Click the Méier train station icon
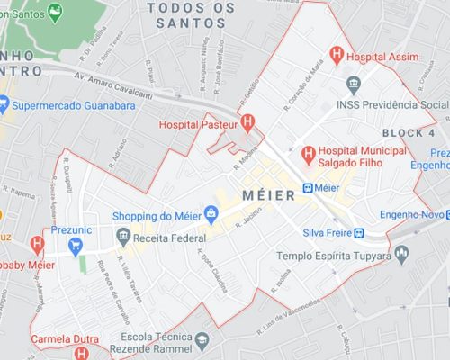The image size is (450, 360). pyautogui.click(x=308, y=188)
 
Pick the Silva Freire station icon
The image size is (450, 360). pyautogui.click(x=359, y=233)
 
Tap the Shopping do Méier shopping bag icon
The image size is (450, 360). pyautogui.click(x=211, y=214)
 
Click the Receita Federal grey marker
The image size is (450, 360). pyautogui.click(x=122, y=238)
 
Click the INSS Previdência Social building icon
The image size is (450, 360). pyautogui.click(x=352, y=85)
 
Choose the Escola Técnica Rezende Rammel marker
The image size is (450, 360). pyautogui.click(x=202, y=341)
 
